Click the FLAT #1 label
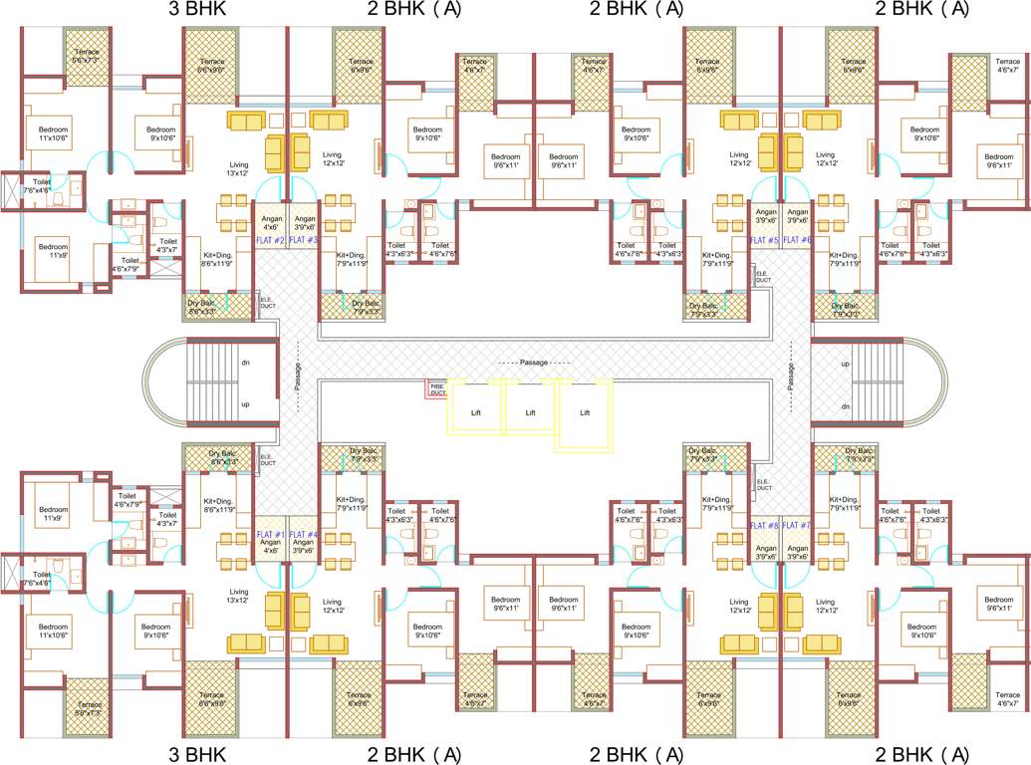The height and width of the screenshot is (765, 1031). coord(272,535)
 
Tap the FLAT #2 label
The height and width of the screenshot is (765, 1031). coord(272,241)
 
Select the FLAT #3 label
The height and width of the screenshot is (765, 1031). coord(304,241)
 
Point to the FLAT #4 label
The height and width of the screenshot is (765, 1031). coord(304,535)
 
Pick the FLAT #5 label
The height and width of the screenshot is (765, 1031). coord(764,241)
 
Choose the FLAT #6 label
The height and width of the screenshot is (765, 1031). coord(797,241)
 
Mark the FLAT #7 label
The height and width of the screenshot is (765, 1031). coord(797,525)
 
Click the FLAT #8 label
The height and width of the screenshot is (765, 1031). coord(764,525)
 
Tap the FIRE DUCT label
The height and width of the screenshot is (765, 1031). coord(437,389)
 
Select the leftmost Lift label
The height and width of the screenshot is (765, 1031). coord(475,411)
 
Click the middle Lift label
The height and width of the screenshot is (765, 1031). coord(530,411)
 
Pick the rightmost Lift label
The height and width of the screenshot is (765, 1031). coord(585,411)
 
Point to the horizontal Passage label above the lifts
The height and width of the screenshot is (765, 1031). coord(534,363)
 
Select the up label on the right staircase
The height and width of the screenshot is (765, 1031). coord(846,365)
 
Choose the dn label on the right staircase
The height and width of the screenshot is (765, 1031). coord(846,406)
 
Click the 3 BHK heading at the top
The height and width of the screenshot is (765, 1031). coord(199,10)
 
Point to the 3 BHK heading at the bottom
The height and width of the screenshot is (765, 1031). coord(199,753)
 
